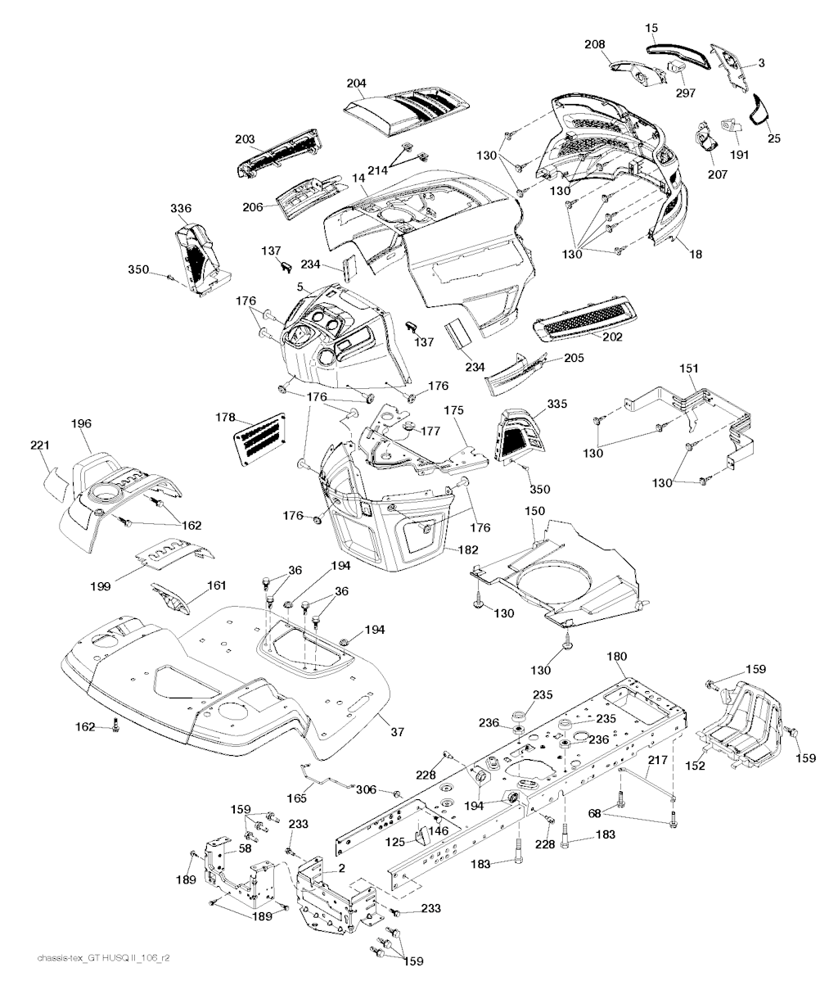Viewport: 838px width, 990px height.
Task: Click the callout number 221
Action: (40, 445)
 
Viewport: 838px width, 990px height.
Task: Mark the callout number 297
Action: (685, 93)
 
